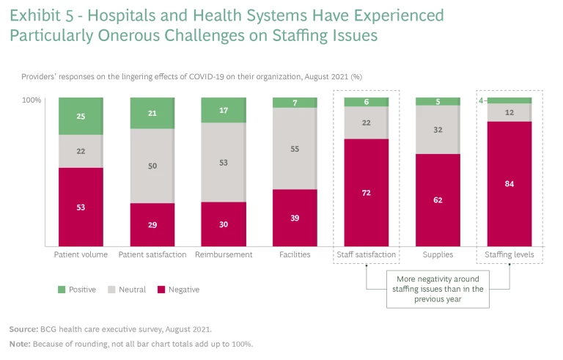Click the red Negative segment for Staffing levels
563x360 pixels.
509,183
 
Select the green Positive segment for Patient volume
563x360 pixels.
81,116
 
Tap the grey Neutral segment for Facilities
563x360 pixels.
295,149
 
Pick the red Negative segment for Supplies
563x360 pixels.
438,199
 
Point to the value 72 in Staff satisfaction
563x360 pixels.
367,191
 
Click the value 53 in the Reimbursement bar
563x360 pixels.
224,163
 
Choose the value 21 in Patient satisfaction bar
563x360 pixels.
152,113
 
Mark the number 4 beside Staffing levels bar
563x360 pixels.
481,100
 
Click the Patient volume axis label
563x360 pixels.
81,255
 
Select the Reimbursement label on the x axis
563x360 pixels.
224,255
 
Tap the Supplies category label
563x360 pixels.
438,255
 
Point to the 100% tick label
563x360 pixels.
32,100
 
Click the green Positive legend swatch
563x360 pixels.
62,290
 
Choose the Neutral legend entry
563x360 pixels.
128,290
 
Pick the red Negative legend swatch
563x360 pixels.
161,290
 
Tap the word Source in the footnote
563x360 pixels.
23,329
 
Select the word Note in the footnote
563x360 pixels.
21,344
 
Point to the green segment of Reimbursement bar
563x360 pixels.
224,110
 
